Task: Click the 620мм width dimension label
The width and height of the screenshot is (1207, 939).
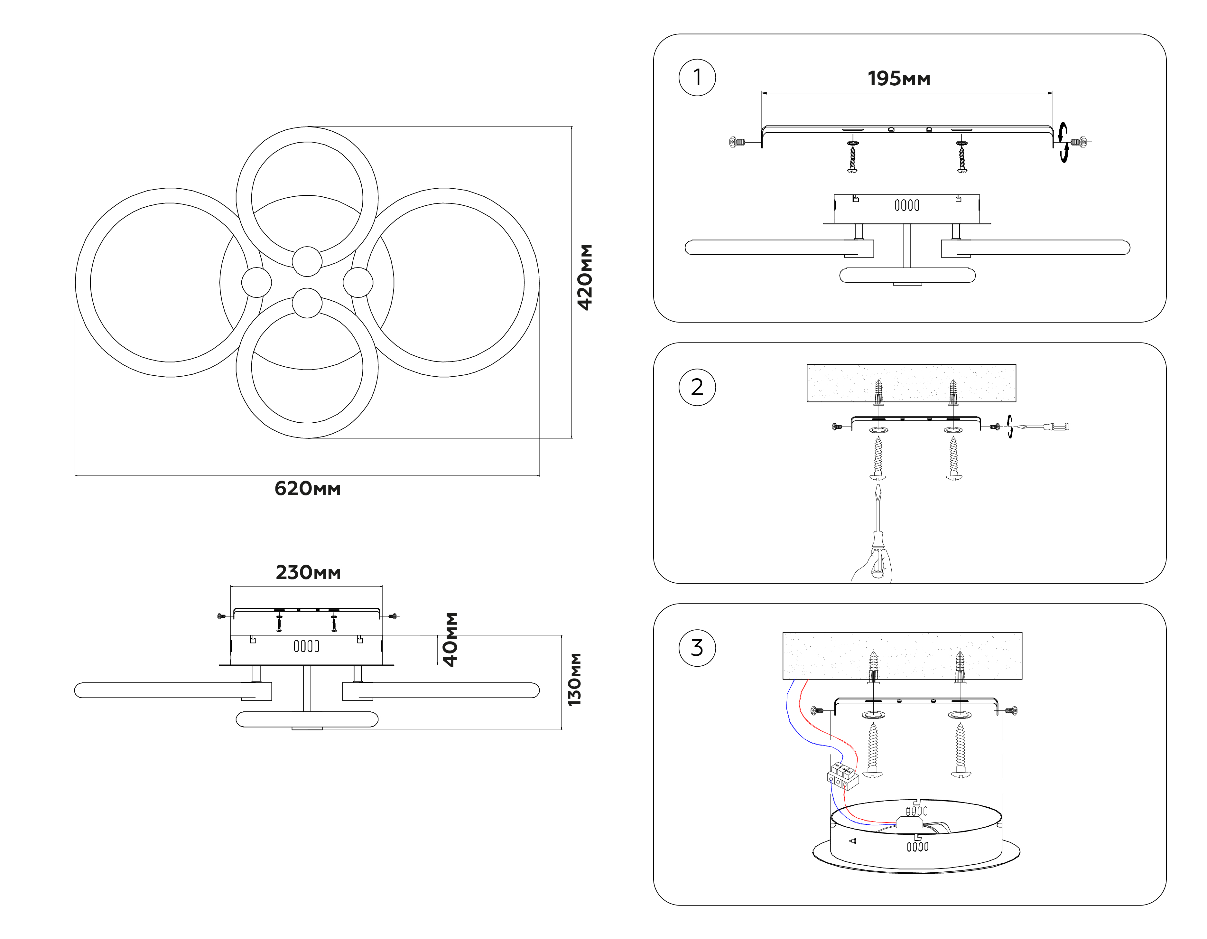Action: coord(307,489)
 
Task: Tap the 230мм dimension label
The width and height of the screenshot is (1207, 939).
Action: coord(308,572)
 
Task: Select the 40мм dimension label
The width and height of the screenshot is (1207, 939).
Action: coord(450,640)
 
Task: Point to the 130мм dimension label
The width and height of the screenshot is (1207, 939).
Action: coord(575,679)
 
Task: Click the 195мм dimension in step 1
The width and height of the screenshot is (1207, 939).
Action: coord(899,79)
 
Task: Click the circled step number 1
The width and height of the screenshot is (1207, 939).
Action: coord(697,78)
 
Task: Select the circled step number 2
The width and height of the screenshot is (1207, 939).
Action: coord(697,387)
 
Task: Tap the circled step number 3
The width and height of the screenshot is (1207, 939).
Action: coord(697,648)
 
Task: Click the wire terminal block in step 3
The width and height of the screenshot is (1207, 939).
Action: coord(842,775)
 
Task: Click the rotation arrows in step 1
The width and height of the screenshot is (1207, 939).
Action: coord(1063,143)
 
